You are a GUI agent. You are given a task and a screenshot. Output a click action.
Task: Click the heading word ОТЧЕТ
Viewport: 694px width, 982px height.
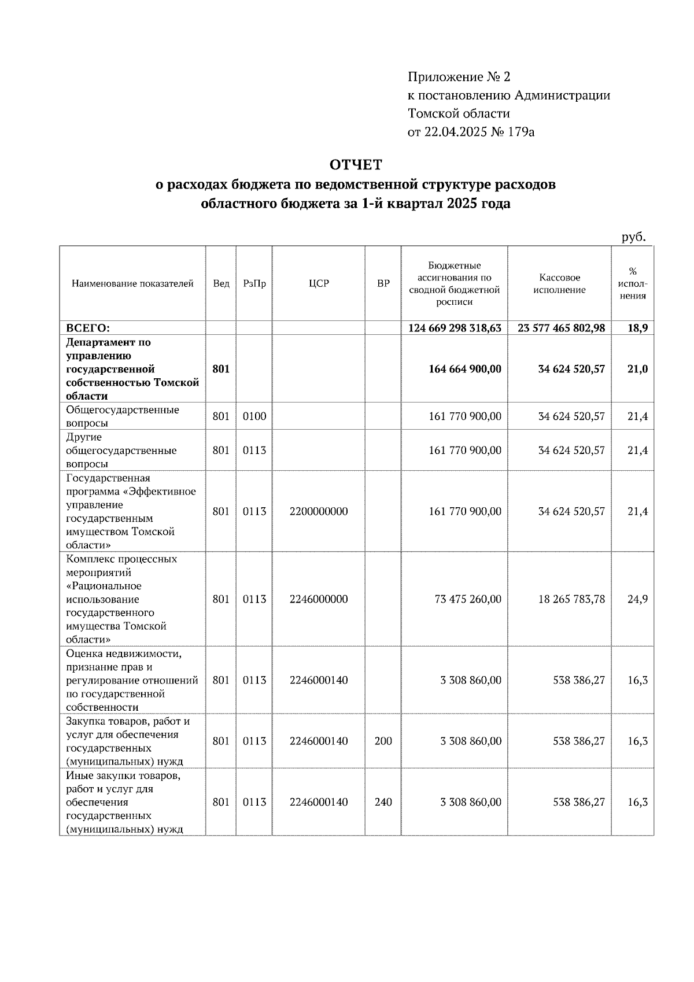356,165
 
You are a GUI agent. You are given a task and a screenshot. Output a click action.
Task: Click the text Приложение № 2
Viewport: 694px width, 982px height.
459,77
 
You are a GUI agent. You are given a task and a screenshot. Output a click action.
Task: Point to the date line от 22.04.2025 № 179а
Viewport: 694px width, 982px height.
471,132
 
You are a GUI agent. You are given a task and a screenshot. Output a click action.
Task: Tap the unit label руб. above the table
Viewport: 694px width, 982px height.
633,237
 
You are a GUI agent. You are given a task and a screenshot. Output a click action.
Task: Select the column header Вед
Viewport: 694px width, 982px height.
221,284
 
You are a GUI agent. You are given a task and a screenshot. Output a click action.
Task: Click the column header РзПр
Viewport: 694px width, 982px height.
254,284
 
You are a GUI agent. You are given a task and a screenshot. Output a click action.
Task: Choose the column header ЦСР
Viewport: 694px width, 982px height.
319,284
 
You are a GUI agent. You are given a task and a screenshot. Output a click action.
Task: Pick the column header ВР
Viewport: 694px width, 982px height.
383,284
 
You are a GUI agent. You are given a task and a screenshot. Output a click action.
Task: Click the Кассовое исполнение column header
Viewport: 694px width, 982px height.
559,284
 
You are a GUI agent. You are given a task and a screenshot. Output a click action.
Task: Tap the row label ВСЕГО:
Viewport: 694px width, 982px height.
88,328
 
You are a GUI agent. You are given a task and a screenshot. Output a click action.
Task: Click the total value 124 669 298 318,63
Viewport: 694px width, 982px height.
455,328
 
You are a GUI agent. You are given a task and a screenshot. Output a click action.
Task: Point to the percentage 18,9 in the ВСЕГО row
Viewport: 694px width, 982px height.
637,328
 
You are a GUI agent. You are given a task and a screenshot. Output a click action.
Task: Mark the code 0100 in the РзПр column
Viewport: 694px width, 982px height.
254,416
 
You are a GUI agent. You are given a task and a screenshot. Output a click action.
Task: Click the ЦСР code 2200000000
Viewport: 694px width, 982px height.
319,512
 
